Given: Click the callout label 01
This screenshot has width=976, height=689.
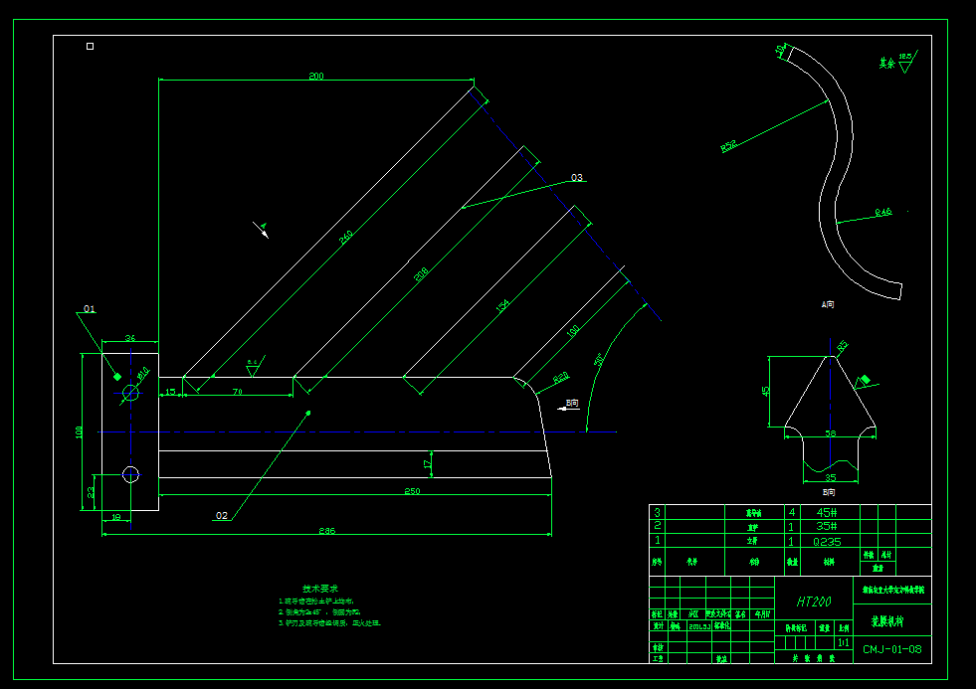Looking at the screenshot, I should [90, 309].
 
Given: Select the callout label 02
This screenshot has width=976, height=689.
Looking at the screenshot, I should [221, 515].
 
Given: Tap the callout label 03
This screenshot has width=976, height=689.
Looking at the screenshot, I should [577, 178].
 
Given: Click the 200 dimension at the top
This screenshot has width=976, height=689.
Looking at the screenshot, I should [316, 77].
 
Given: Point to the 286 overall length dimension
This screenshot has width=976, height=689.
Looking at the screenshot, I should [326, 531].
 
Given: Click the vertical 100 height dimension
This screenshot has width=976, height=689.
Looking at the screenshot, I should [80, 432].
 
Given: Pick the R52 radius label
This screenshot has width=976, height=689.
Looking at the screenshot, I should [728, 146].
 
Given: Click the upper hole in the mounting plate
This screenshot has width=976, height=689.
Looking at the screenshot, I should [130, 394].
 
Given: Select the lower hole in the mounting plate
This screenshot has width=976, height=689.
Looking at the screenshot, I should [130, 474].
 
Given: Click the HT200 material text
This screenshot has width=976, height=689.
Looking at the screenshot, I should [814, 602].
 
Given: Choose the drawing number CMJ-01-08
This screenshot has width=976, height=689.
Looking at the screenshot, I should [891, 650].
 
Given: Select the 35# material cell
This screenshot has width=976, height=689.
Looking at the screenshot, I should [827, 527].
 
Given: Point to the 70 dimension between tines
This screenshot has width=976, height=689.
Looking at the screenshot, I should [238, 393].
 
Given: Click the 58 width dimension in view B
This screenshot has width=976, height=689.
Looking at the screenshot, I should [830, 433].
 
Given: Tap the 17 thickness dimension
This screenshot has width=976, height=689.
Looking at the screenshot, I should [428, 463].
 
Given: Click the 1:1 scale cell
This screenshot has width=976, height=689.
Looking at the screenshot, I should [843, 643].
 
